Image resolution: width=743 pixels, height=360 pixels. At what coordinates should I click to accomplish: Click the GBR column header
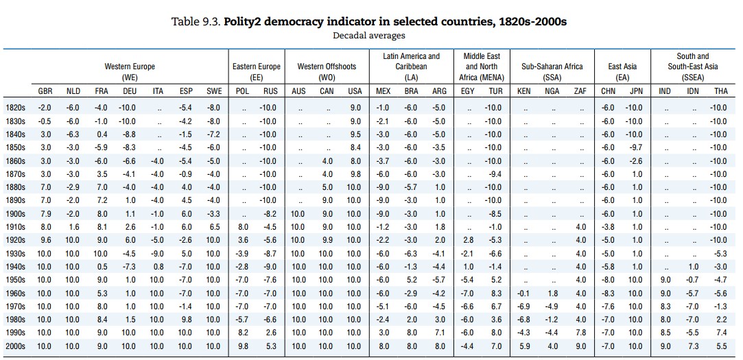[x=45, y=91]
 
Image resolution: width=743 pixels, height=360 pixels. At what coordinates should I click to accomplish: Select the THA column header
[x=721, y=91]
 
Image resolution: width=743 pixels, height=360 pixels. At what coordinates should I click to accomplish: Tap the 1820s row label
[x=15, y=108]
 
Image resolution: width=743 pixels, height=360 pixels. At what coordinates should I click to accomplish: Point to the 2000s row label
[x=15, y=346]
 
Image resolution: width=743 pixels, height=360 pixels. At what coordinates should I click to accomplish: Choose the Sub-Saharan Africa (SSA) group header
[x=552, y=72]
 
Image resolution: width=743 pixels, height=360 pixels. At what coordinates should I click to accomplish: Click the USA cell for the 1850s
[x=354, y=147]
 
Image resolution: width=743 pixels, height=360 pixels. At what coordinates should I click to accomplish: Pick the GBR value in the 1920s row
[x=45, y=240]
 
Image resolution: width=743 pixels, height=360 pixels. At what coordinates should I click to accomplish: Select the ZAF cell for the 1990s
[x=580, y=333]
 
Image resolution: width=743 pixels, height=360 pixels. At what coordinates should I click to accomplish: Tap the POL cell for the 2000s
[x=244, y=346]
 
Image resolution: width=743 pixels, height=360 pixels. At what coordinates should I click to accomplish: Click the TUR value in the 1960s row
[x=496, y=293]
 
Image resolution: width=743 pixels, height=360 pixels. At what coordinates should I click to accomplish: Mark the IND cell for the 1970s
[x=665, y=307]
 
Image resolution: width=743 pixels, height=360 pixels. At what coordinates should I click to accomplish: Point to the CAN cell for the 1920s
[x=327, y=240]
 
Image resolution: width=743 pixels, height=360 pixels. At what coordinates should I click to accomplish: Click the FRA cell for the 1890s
[x=102, y=200]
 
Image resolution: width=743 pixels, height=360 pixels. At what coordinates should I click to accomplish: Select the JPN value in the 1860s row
[x=636, y=160]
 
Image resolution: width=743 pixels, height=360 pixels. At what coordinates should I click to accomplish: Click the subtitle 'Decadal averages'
[x=368, y=36]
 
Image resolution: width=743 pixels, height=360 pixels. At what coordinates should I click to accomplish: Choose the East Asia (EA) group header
[x=622, y=72]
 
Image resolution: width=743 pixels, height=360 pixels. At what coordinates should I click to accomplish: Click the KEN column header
[x=523, y=91]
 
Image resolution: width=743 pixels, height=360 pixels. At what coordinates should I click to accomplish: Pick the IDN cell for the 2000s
[x=693, y=346]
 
